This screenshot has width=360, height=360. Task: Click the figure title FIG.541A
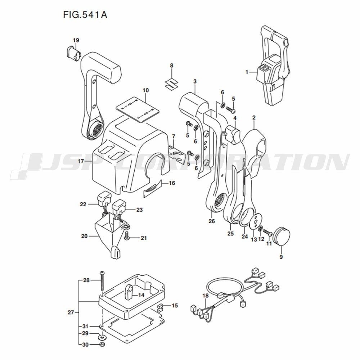pyautogui.click(x=85, y=15)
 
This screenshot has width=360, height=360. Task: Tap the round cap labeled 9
pyautogui.click(x=282, y=236)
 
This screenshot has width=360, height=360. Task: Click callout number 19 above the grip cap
pyautogui.click(x=76, y=40)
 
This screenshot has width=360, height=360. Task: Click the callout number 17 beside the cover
pyautogui.click(x=81, y=161)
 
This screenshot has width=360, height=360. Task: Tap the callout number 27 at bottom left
pyautogui.click(x=71, y=312)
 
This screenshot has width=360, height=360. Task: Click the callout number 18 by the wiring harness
pyautogui.click(x=206, y=296)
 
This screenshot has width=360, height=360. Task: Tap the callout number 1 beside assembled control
pyautogui.click(x=247, y=72)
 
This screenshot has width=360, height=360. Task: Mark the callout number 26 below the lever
pyautogui.click(x=211, y=221)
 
